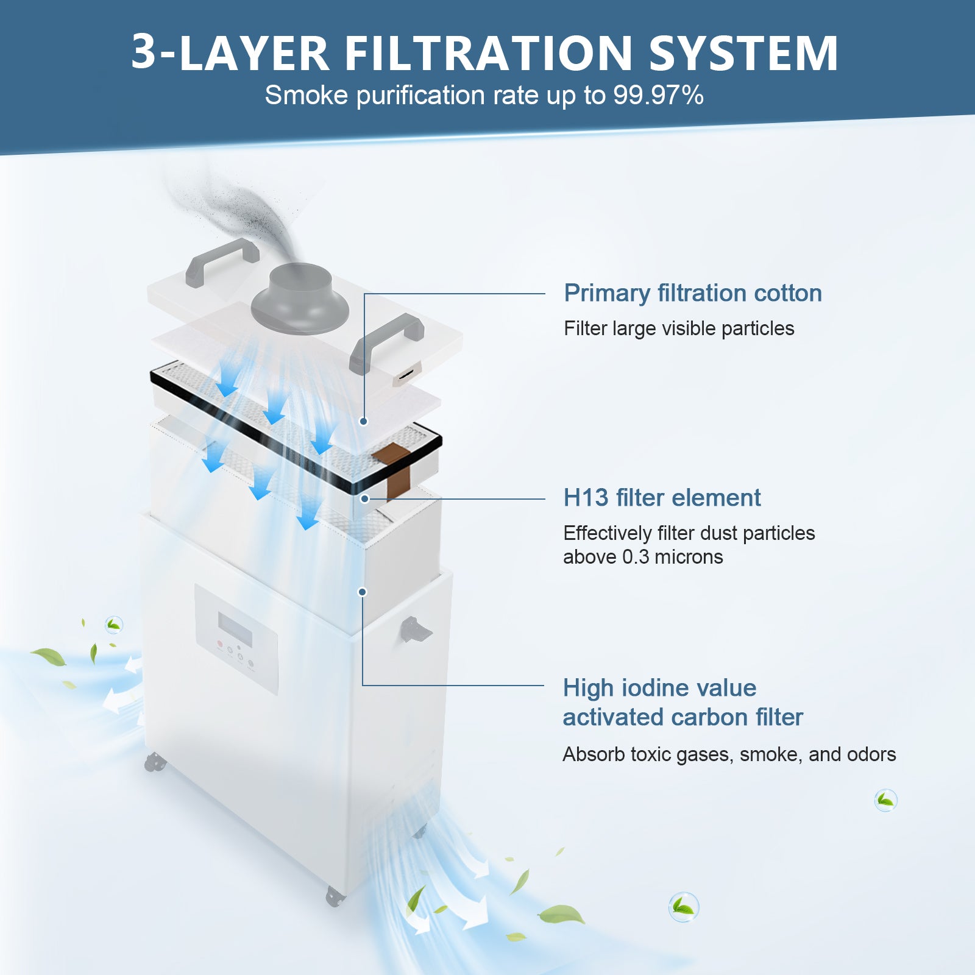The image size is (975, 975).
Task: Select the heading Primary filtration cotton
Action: coord(692,293)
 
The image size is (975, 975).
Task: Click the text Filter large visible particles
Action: coord(678,328)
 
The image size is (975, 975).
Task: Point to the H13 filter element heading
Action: coord(661,498)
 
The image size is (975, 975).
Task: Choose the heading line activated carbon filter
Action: coord(682,717)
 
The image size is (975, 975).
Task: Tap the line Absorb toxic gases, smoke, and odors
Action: coord(729,754)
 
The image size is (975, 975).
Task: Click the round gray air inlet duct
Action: coord(300,299)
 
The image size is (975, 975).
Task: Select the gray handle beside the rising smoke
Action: coord(222,260)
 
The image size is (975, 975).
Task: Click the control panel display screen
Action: coord(235,629)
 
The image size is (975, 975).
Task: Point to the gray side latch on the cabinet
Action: coord(414,630)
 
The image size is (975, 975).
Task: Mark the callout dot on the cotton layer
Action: coord(364,421)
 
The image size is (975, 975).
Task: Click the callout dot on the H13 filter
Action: coord(364,498)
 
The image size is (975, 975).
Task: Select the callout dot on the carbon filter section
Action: coord(363,592)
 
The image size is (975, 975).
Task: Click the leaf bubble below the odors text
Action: coord(885,800)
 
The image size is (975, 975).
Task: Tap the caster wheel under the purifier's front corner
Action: coord(333,896)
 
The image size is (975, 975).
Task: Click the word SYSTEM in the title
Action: coord(743,53)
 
